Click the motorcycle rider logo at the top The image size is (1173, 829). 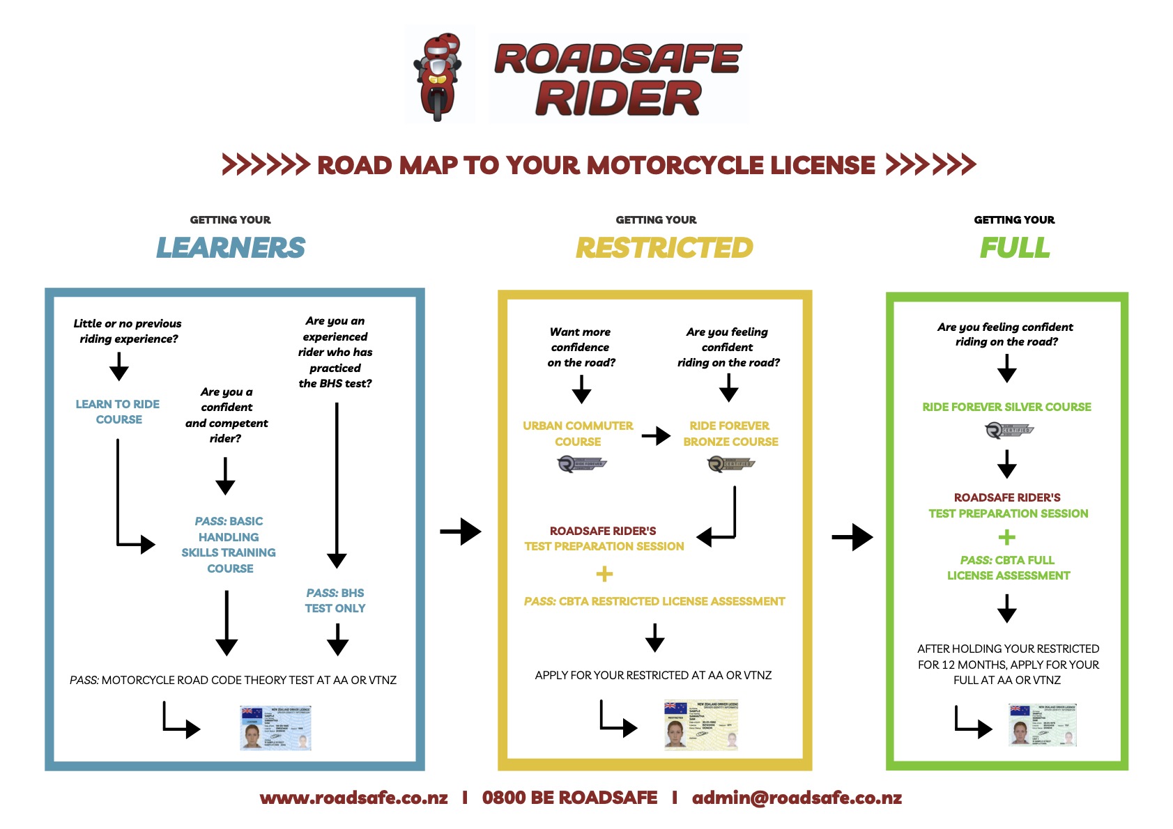[438, 75]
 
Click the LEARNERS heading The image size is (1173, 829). [231, 248]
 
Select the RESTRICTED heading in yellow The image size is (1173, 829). [664, 248]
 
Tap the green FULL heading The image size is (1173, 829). [1014, 248]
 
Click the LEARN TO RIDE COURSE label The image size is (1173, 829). [118, 412]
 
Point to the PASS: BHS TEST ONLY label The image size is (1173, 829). [335, 601]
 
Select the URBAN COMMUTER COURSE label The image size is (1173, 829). [578, 433]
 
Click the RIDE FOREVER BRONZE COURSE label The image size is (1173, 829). [730, 433]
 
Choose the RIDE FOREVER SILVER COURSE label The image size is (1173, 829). [1006, 407]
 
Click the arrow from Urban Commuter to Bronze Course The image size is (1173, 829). [655, 436]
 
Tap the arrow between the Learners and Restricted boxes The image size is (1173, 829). [461, 532]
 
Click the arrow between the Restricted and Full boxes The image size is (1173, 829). [852, 537]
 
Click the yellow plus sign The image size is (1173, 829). [604, 574]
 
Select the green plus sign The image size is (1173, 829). [1006, 537]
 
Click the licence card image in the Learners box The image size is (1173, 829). [275, 728]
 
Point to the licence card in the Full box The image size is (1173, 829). [1043, 725]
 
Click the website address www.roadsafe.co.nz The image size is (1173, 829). [353, 798]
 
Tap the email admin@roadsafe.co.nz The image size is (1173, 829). [797, 798]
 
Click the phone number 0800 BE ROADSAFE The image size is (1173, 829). [569, 798]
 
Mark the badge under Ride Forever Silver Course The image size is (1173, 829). [1009, 430]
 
